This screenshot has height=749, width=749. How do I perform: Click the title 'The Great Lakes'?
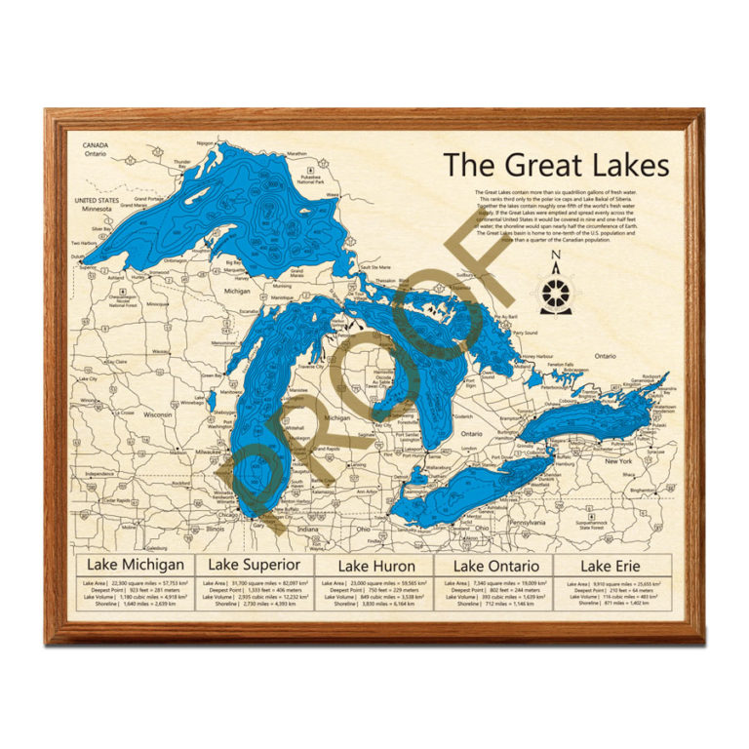(x=556, y=164)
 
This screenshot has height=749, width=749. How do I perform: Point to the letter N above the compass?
(x=555, y=257)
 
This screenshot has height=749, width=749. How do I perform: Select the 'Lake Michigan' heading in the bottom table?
(x=136, y=565)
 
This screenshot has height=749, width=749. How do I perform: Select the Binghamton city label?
(x=651, y=489)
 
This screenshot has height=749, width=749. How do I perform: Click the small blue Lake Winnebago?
(x=211, y=399)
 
